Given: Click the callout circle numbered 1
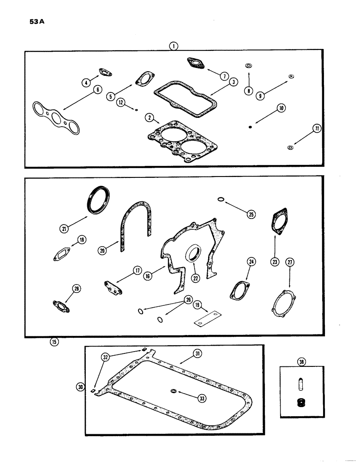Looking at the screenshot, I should click(172, 46).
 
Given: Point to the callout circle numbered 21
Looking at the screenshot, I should click(63, 227).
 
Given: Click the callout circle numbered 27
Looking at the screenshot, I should click(289, 262).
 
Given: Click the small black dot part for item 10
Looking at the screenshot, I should click(249, 127).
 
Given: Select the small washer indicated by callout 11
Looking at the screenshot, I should click(290, 148).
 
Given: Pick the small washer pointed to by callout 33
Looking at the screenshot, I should click(173, 392).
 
